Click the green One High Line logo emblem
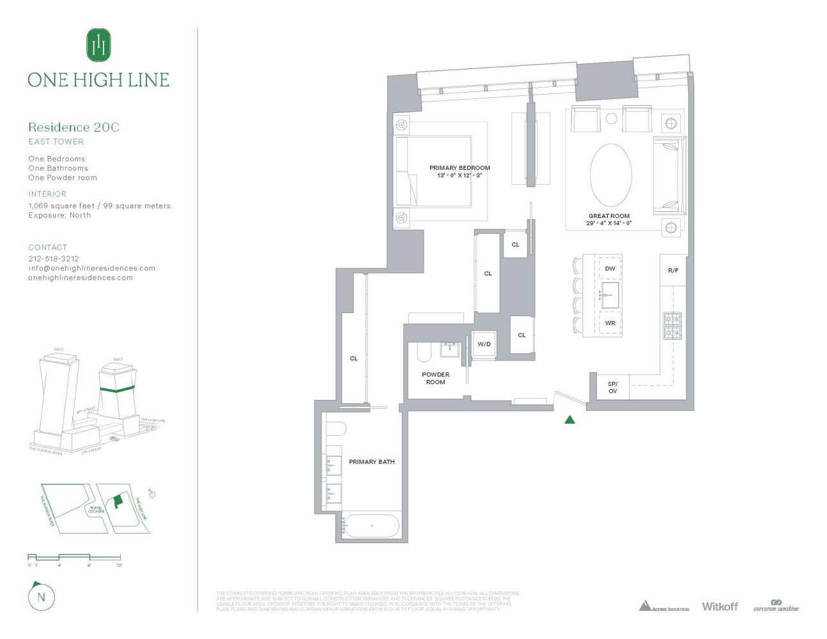(98, 45)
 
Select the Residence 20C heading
(73, 127)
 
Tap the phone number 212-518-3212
(54, 259)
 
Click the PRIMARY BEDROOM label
(460, 168)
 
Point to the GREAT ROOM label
(609, 216)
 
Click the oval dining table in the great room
(610, 174)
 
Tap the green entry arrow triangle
(570, 420)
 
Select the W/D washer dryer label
(484, 344)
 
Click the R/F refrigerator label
(673, 271)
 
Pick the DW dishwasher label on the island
(610, 269)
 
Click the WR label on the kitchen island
(610, 323)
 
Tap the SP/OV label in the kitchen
(612, 387)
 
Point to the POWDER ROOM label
(435, 378)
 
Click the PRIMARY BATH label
(371, 461)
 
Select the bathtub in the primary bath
(371, 526)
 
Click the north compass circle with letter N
(42, 597)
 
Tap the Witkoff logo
(720, 606)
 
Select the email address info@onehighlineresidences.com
(91, 268)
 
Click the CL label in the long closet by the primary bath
(353, 358)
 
